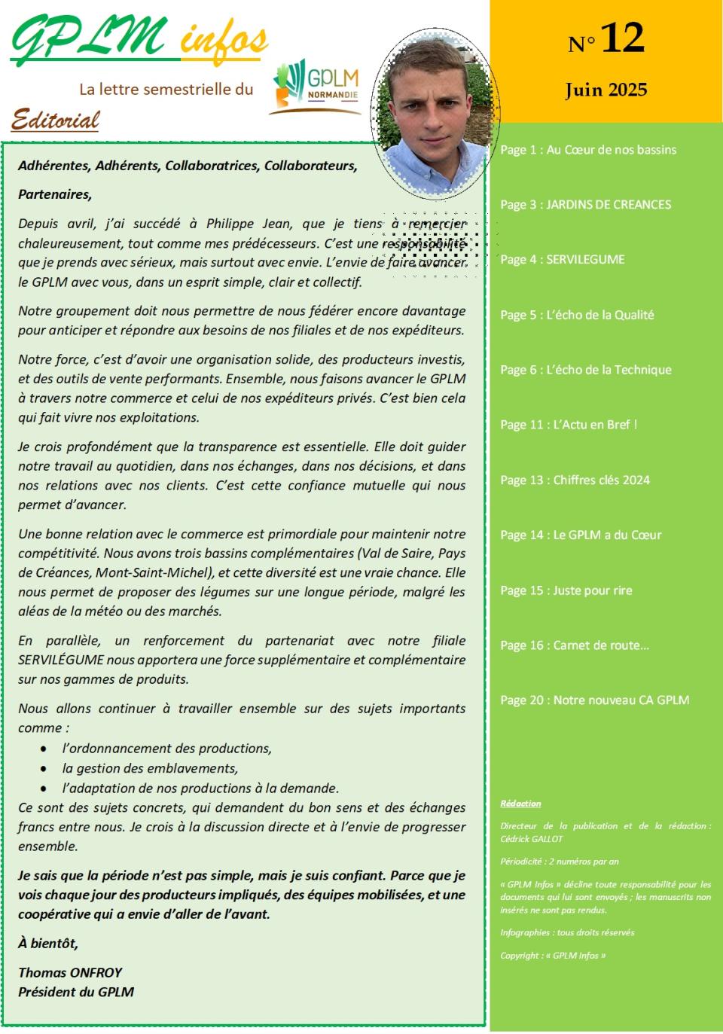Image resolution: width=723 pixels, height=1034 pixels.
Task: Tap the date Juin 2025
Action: [x=606, y=90]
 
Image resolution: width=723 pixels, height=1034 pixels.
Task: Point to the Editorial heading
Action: [x=56, y=119]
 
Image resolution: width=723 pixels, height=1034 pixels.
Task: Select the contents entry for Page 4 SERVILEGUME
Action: [x=562, y=260]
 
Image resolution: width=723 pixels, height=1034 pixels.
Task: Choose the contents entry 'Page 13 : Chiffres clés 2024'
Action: [x=575, y=480]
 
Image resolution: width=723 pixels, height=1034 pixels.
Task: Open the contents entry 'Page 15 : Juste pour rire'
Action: [x=566, y=590]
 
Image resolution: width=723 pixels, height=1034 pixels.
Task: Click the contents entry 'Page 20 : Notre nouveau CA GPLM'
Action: [x=594, y=700]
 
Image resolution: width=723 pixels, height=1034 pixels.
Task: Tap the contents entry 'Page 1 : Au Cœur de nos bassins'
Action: [x=587, y=150]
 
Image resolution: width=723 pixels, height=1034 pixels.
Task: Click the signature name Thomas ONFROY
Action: [x=70, y=972]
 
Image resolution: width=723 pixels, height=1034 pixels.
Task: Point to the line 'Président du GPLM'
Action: [x=76, y=992]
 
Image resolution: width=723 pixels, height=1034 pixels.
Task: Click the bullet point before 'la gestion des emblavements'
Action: [x=45, y=769]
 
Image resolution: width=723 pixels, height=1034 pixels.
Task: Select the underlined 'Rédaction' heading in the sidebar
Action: [x=520, y=804]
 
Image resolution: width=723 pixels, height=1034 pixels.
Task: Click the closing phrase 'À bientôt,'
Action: [x=48, y=944]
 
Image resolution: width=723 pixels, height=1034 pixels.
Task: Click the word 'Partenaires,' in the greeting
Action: [x=55, y=194]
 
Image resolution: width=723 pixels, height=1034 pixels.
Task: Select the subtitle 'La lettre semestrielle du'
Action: [x=166, y=89]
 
